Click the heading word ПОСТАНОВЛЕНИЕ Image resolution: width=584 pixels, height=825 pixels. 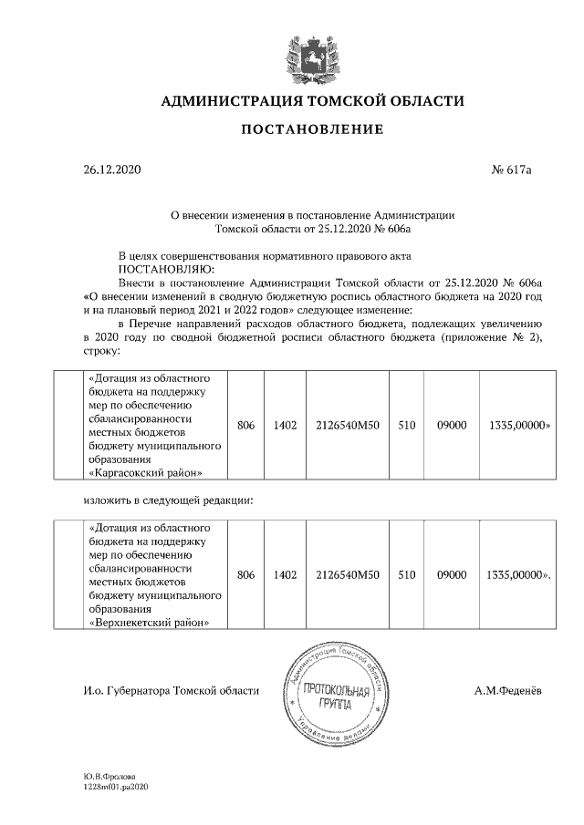pos(312,130)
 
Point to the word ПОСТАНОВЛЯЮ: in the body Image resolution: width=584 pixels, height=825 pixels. pos(167,270)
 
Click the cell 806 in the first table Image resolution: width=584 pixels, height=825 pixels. pos(245,425)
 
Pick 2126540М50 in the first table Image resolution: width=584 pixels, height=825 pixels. pos(347,425)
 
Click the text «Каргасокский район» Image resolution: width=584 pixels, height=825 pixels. pos(145,472)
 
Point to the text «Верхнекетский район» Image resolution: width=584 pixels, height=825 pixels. pos(146,623)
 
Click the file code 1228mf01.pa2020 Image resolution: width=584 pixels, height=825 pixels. pos(114,785)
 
